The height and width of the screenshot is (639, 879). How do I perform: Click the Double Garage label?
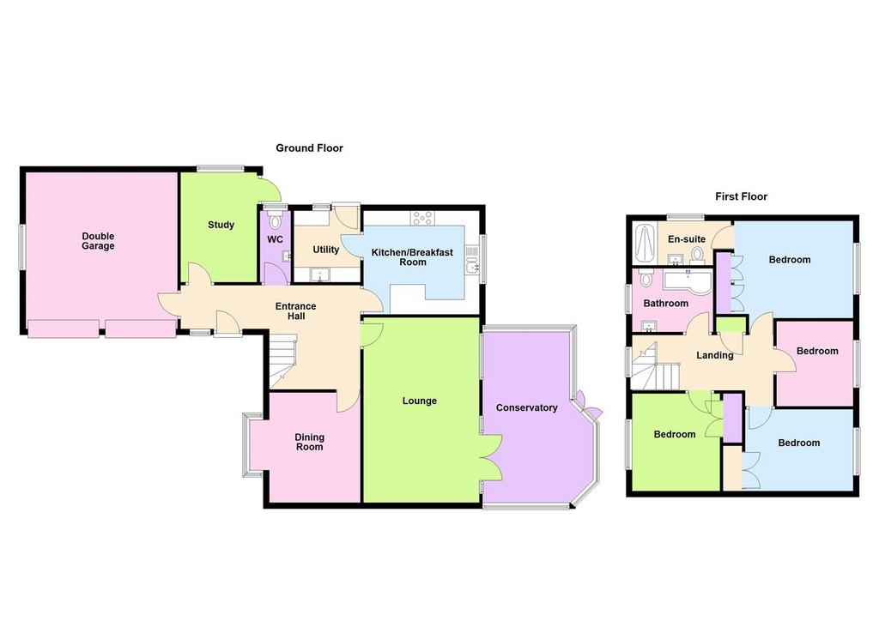pos(98,241)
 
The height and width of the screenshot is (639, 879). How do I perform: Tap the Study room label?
pos(221,225)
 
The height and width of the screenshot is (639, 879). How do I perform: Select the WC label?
pos(276,239)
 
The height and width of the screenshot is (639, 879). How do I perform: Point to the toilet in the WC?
pos(275,220)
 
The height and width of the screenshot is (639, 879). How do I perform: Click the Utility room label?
pos(325,250)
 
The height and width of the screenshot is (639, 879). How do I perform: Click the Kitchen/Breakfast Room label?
pos(412,257)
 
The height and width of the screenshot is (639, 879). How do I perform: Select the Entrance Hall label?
pos(296,310)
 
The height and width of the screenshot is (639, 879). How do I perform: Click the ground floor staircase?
pos(282,360)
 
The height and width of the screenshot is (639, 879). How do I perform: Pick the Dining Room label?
pos(309,442)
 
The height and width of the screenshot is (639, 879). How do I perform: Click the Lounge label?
pos(419,401)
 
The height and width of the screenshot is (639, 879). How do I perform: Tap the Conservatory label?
pos(526,407)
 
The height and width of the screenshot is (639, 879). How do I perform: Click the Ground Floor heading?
pos(309,148)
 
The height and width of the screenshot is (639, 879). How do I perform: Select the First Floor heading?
pos(741,196)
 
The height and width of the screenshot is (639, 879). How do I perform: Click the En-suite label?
pos(687,239)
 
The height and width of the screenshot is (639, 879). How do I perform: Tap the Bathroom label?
pos(665,303)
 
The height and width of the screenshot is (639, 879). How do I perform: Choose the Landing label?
pos(715,355)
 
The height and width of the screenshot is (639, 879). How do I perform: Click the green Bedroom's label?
pos(675,434)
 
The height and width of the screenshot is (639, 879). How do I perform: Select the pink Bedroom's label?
pos(817,351)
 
